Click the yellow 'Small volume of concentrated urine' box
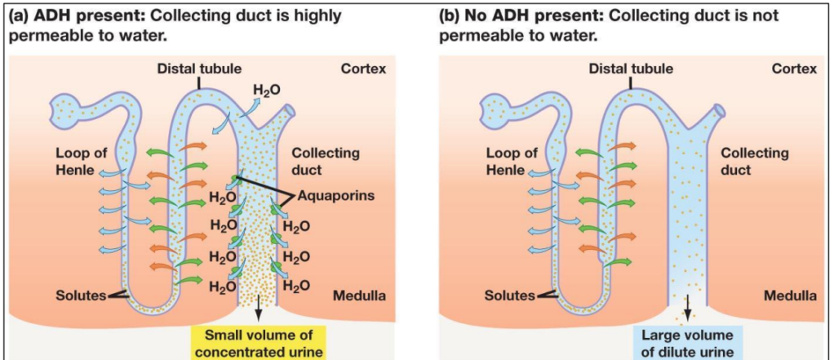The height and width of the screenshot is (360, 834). coord(258,344)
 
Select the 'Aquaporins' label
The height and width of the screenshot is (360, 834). coord(332,196)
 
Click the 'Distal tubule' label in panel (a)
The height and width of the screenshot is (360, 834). coord(199,69)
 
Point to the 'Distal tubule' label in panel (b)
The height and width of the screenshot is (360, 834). coord(631,69)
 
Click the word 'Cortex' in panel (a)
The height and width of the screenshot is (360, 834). coord(363,69)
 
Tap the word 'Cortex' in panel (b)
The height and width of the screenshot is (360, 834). coord(794,69)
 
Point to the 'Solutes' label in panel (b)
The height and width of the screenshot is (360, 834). coord(510,295)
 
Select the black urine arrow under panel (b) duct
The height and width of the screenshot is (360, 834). coord(687,307)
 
